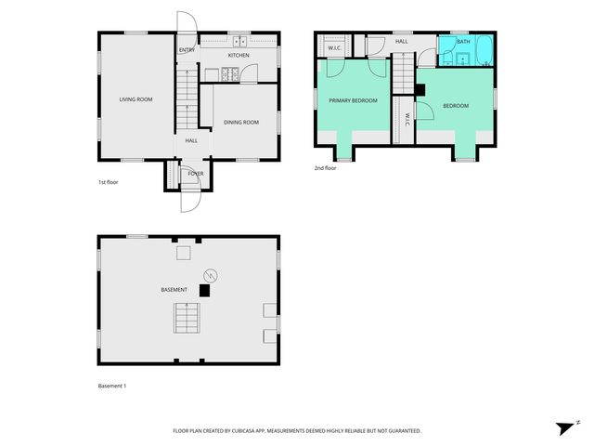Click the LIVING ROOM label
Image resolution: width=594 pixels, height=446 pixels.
136,98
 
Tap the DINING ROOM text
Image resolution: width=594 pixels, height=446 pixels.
240,122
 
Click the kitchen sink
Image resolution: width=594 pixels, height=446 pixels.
239,41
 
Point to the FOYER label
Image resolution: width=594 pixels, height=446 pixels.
196,173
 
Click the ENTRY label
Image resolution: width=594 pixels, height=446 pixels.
187,50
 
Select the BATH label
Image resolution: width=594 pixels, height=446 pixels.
462,42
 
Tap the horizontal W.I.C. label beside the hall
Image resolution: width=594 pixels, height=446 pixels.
335,48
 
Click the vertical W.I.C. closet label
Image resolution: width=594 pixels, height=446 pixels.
407,121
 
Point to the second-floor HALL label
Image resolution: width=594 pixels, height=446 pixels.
401,42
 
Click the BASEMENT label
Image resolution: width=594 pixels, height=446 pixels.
174,290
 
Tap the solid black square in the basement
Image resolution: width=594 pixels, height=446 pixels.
205,290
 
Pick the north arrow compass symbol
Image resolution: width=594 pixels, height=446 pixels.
565,427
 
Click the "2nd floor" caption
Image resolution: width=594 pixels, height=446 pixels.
325,168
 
